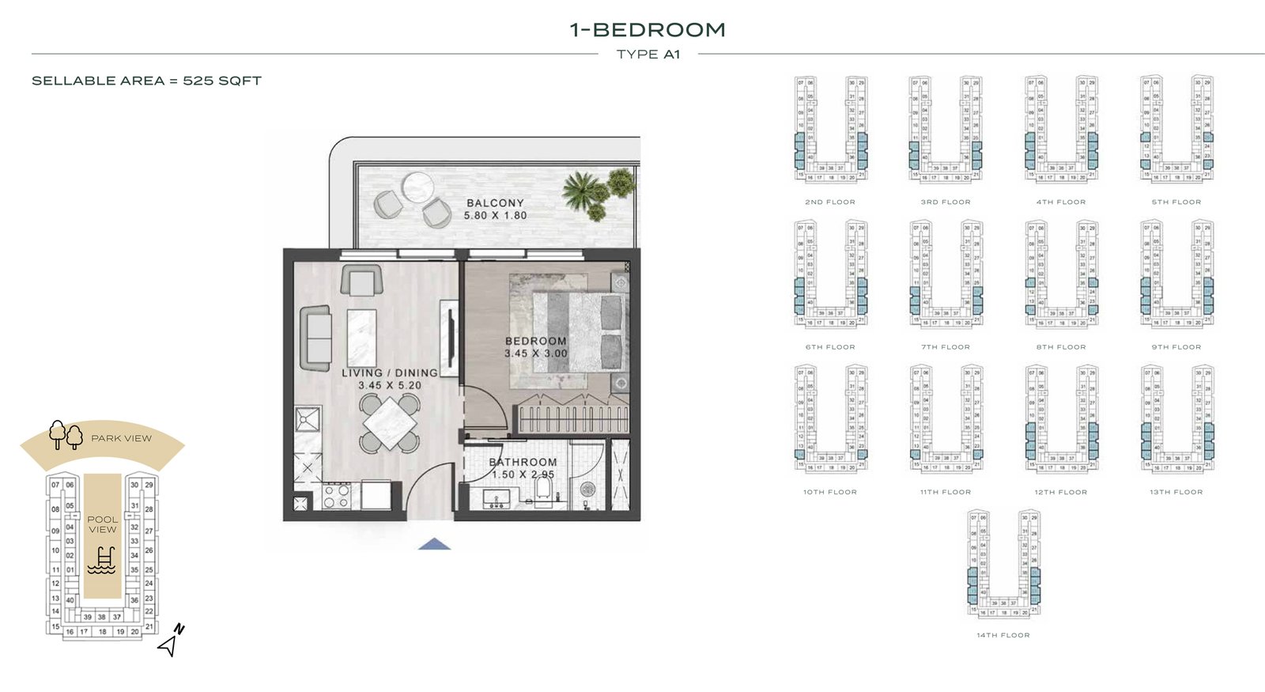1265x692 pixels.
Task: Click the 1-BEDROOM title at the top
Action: (648, 30)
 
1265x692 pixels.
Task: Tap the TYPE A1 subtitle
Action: (648, 55)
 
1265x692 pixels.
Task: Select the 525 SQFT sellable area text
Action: (221, 81)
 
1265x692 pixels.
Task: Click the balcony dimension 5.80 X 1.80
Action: (495, 215)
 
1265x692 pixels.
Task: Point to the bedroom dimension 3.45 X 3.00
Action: (536, 354)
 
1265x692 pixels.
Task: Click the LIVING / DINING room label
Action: (389, 372)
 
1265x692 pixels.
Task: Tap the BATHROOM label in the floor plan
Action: (523, 462)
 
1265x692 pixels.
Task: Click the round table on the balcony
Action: (417, 187)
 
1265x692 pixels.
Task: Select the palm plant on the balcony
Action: (584, 191)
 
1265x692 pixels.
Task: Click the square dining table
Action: (390, 424)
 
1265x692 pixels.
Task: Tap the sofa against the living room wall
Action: (315, 338)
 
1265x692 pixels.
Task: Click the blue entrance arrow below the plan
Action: (434, 544)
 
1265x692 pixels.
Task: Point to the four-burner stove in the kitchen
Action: (336, 496)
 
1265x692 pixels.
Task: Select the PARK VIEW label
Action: (121, 438)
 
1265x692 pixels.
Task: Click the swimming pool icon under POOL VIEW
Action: (102, 560)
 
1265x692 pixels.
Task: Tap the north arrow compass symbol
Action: (171, 641)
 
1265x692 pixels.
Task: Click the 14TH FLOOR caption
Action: (1003, 635)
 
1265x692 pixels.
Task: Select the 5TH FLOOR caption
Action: (1176, 202)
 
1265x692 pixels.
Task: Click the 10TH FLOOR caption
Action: (829, 492)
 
